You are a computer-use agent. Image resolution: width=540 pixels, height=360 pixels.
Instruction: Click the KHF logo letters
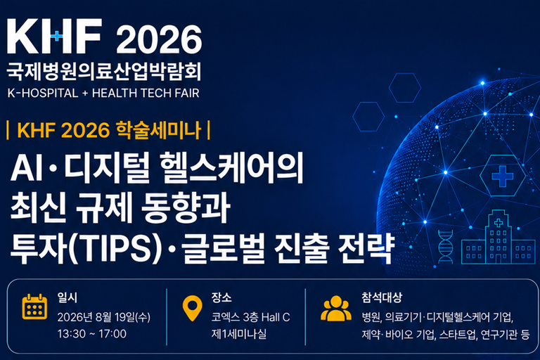[54, 36]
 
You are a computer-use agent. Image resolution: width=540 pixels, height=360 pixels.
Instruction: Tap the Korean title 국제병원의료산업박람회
[103, 72]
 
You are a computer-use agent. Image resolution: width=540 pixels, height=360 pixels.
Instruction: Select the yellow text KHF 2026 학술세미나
[109, 130]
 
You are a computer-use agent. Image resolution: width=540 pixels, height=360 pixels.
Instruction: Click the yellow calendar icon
[34, 307]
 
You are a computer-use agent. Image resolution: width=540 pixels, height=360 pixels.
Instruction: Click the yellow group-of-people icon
[336, 309]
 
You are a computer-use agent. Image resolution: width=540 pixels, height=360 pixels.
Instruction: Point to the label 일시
[67, 297]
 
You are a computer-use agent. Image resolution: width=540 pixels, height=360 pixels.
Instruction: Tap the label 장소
[221, 297]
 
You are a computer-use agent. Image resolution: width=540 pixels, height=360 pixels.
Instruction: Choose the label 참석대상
[382, 297]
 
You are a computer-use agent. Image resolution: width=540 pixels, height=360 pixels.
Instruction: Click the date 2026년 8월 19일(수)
[103, 317]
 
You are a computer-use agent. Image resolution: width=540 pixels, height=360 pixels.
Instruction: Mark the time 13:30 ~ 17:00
[92, 333]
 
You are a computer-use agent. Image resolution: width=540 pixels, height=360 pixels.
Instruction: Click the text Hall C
[276, 317]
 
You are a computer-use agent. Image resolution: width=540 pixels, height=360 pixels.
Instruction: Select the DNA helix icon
[445, 247]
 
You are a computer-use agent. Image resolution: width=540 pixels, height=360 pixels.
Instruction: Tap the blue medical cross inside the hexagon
[503, 176]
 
